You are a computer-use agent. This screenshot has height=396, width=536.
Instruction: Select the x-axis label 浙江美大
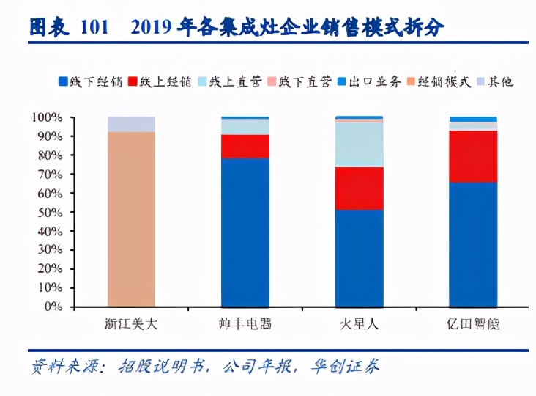131,323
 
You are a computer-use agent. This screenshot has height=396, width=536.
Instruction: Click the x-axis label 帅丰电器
245,323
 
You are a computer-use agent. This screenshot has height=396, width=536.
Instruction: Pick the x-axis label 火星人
359,323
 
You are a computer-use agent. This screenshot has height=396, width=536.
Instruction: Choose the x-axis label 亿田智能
473,323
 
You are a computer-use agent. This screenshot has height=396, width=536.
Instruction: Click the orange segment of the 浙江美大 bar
131,220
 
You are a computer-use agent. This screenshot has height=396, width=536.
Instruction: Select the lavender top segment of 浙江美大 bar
131,124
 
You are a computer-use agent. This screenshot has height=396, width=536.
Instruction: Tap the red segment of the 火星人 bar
359,188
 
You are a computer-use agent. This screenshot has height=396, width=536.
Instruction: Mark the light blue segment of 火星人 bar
359,144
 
